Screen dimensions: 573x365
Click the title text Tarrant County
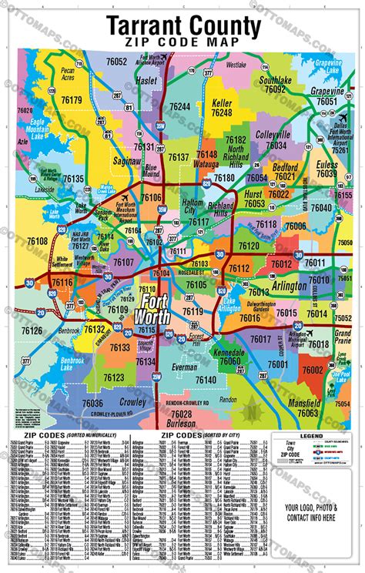(182, 22)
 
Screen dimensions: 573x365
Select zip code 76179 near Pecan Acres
(71, 100)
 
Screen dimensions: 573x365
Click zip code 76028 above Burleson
(182, 414)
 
